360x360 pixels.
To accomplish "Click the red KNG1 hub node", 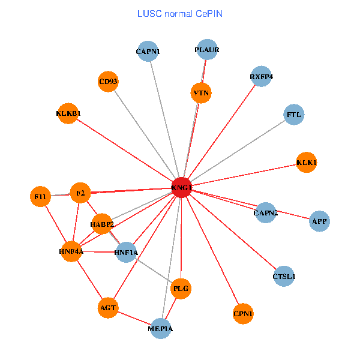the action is point(182,187).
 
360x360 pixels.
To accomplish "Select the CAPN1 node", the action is point(148,52).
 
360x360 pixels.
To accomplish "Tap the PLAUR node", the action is point(206,50).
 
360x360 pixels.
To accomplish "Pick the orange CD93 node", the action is point(108,82).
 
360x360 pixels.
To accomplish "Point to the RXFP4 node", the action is point(262,77).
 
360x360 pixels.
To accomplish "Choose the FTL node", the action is point(294,114).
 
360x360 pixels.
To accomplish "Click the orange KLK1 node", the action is point(307,163).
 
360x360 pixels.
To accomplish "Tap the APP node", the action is point(319,221).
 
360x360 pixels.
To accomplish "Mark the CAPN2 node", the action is point(265,212).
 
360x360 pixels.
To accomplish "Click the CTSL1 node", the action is point(284,277).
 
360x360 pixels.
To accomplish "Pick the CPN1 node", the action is point(243,313).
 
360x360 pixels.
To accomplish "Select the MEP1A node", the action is point(160,328).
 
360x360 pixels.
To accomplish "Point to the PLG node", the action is point(181,289).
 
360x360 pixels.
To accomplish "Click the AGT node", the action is point(108,308).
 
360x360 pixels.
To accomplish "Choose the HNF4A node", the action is point(71,251).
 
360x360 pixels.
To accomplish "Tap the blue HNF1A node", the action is point(126,253).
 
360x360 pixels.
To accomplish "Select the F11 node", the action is point(40,196).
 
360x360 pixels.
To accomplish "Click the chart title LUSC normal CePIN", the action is point(179,13).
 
